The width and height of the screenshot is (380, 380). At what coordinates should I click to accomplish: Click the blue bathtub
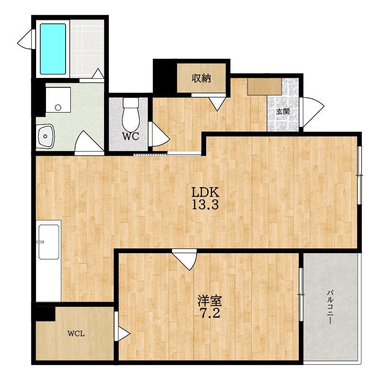(53, 49)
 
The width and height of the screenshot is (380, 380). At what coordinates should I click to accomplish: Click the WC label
(130, 136)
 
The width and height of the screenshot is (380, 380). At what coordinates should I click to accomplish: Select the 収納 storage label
(201, 78)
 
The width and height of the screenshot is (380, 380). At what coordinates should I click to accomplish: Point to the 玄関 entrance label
(283, 112)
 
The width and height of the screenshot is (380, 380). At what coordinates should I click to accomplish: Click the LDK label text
(206, 192)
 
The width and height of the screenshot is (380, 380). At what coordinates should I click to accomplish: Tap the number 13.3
(205, 205)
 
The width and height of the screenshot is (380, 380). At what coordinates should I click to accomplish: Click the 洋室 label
(209, 301)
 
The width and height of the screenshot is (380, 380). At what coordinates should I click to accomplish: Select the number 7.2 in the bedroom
(210, 313)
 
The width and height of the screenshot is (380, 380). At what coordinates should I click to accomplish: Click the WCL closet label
(76, 334)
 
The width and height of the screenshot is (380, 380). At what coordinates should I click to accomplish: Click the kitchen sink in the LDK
(48, 242)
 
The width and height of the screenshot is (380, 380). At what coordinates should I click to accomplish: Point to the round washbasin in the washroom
(45, 136)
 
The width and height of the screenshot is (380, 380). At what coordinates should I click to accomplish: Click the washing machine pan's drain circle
(58, 107)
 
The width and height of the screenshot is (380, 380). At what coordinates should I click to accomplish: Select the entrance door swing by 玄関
(312, 112)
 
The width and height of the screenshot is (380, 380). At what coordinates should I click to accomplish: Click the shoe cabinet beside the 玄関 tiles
(265, 86)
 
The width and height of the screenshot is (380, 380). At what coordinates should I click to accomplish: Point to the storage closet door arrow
(217, 104)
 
